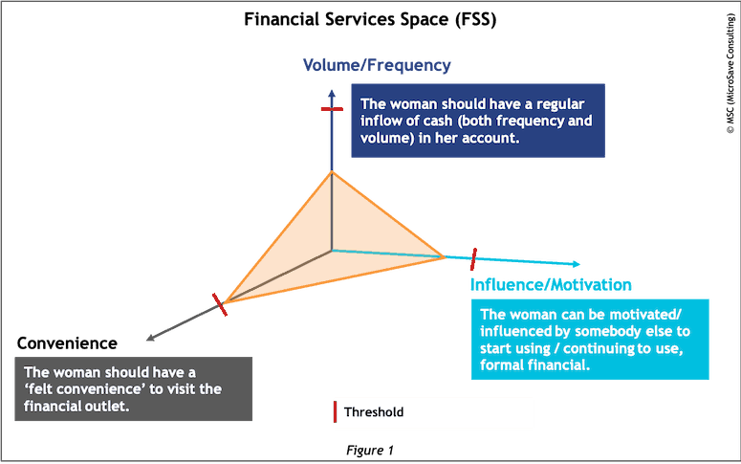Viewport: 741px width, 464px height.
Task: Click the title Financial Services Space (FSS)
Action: coord(371,18)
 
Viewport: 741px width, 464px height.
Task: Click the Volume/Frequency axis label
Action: coord(376,65)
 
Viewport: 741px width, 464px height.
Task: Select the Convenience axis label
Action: coord(67,342)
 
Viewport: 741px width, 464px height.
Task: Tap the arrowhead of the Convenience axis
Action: coord(148,336)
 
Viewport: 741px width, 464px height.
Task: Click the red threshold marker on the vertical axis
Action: coord(332,110)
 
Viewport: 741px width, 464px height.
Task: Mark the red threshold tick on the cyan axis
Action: coord(474,258)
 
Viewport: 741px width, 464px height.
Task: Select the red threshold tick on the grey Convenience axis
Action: coord(221,304)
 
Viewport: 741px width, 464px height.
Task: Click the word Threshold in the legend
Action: coord(374,413)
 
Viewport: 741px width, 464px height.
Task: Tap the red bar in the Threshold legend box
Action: coord(334,413)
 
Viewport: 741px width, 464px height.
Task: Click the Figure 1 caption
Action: coord(370,450)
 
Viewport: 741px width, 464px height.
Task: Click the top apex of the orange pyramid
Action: coord(332,170)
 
